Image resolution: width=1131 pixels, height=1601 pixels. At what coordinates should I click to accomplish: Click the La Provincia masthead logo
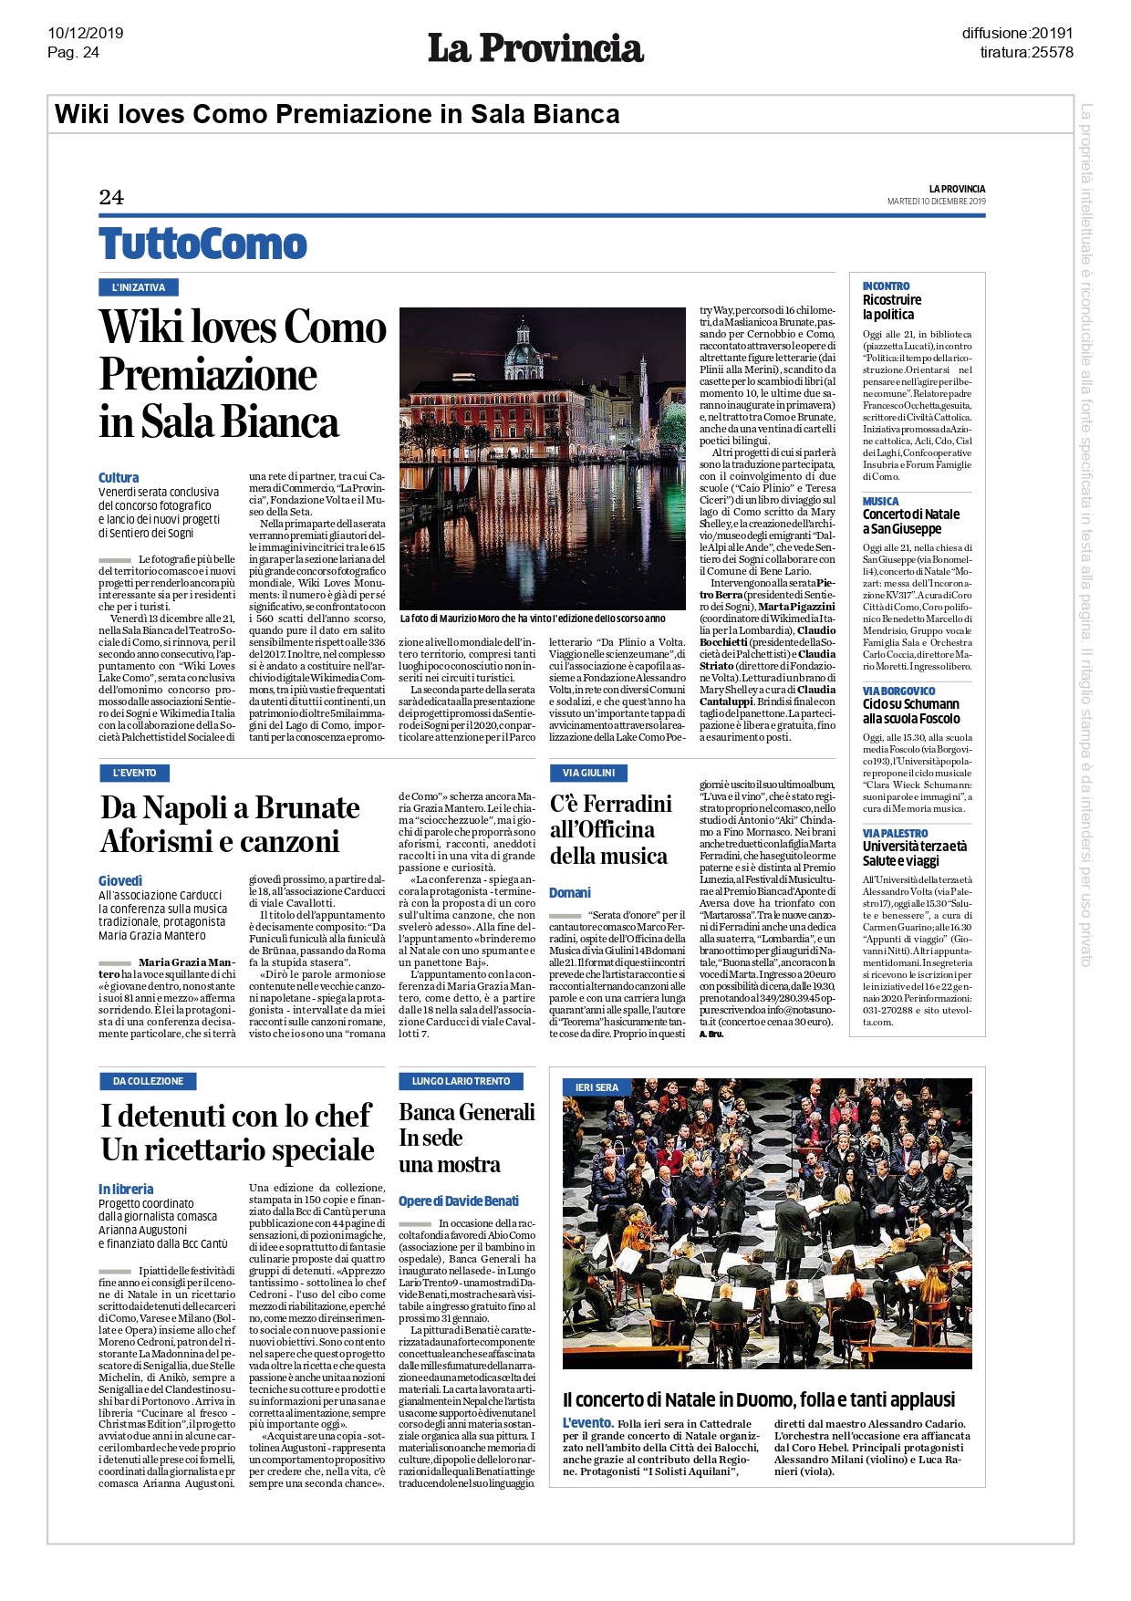535,48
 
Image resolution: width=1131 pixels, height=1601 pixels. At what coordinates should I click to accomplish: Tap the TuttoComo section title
202,244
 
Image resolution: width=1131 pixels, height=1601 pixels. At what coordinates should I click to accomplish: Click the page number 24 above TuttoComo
111,197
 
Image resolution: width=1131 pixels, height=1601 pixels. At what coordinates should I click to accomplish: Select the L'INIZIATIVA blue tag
138,287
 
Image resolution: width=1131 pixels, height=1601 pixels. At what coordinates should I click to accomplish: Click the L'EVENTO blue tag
134,773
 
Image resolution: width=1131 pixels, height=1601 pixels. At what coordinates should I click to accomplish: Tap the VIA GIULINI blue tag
588,773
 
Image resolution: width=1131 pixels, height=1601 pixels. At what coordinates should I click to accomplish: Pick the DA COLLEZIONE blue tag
148,1081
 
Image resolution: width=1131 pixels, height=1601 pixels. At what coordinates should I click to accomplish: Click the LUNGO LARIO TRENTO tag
461,1081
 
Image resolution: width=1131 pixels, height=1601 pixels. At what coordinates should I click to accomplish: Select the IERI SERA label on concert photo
597,1087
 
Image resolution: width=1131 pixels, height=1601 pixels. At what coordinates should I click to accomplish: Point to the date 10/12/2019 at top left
85,33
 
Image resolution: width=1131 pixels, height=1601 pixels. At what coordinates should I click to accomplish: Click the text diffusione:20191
1017,33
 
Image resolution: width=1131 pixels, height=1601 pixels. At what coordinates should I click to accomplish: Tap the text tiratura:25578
1026,52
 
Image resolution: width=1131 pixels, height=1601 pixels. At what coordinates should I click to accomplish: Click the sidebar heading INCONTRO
886,286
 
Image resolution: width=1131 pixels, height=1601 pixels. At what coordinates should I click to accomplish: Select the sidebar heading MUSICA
880,501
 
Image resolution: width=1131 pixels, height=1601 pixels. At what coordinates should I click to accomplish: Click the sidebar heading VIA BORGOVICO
898,691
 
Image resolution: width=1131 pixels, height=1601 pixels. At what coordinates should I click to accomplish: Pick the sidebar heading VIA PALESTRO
895,833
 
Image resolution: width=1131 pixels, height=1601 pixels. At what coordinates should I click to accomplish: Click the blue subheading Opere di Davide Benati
458,1201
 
